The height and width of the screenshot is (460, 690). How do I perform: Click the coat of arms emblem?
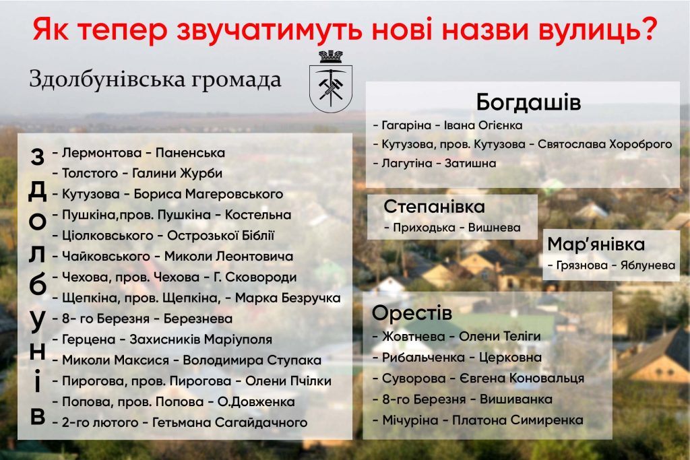[x=331, y=81]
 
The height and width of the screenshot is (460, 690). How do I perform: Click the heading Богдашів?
[x=528, y=102]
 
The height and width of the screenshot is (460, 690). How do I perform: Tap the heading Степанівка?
[x=434, y=206]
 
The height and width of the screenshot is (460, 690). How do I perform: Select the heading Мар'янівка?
[x=596, y=244]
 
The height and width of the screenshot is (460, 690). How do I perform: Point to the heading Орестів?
[x=412, y=313]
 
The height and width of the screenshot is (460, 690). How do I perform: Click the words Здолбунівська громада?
[x=155, y=80]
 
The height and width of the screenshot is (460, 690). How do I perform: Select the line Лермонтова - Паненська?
[x=139, y=153]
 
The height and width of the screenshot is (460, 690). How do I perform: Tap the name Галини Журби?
[x=177, y=173]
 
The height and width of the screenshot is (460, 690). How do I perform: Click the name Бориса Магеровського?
[x=208, y=194]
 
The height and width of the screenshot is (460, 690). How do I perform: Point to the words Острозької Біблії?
[x=220, y=235]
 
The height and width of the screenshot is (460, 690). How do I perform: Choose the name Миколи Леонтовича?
[x=228, y=256]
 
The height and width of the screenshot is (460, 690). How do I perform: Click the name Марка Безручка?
[x=288, y=298]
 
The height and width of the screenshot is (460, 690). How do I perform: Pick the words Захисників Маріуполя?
[x=201, y=339]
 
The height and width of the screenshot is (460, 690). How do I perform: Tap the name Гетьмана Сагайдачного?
[x=230, y=422]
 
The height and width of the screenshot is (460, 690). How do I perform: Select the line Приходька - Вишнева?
[x=452, y=228]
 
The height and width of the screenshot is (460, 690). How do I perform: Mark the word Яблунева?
[x=648, y=265]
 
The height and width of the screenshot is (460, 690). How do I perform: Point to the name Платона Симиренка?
[x=518, y=420]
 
